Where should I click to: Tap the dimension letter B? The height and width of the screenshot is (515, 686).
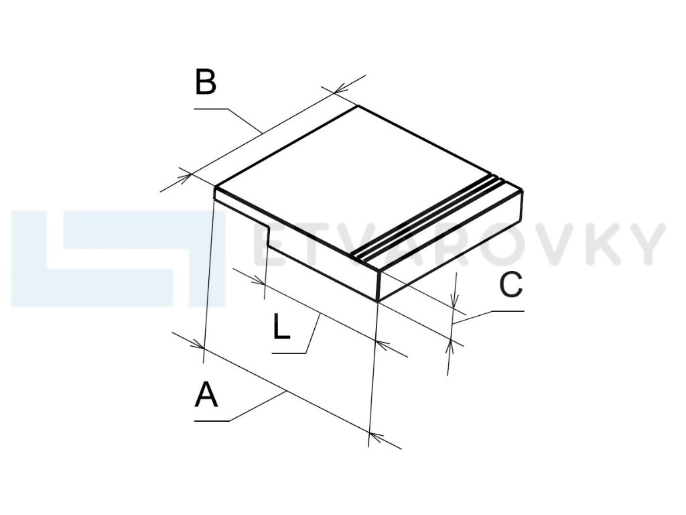click(206, 82)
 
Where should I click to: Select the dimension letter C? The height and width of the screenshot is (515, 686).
click(510, 286)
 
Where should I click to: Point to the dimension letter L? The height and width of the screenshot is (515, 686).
click(281, 327)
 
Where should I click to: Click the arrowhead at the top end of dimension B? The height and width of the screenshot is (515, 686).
click(339, 90)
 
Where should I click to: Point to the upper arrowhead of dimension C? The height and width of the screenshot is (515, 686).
click(455, 305)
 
